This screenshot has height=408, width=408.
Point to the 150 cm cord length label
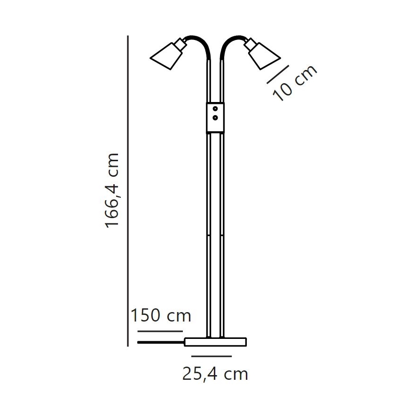click(x=161, y=315)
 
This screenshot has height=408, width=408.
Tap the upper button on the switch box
click(x=215, y=109)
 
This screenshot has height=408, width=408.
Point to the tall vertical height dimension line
click(x=128, y=188)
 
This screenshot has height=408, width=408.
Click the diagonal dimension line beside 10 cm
click(x=277, y=74)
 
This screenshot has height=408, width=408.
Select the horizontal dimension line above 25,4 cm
click(x=215, y=356)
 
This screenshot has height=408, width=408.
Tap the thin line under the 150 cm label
click(x=160, y=331)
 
